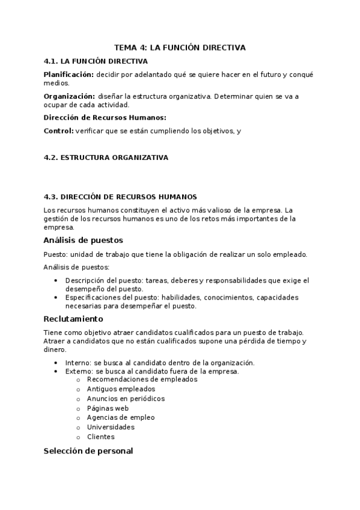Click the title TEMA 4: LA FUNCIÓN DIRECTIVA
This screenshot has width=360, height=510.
180,48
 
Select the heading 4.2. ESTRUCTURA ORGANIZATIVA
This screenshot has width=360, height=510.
106,158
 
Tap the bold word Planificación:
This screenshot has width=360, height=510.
69,74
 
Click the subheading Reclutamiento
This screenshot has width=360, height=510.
73,319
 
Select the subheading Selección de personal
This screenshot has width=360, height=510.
88,451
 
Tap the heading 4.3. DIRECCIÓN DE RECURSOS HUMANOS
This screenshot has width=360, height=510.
120,197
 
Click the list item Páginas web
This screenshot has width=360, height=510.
108,408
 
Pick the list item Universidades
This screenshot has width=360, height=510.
111,427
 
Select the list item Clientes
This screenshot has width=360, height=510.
100,437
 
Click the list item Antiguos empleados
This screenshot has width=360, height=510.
118,389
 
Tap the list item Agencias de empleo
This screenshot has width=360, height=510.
120,417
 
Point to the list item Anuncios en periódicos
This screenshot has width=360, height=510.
126,398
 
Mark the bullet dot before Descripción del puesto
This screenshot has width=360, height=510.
56,280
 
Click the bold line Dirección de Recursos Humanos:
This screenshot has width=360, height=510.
105,118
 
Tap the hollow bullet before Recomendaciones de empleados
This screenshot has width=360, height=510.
78,379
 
